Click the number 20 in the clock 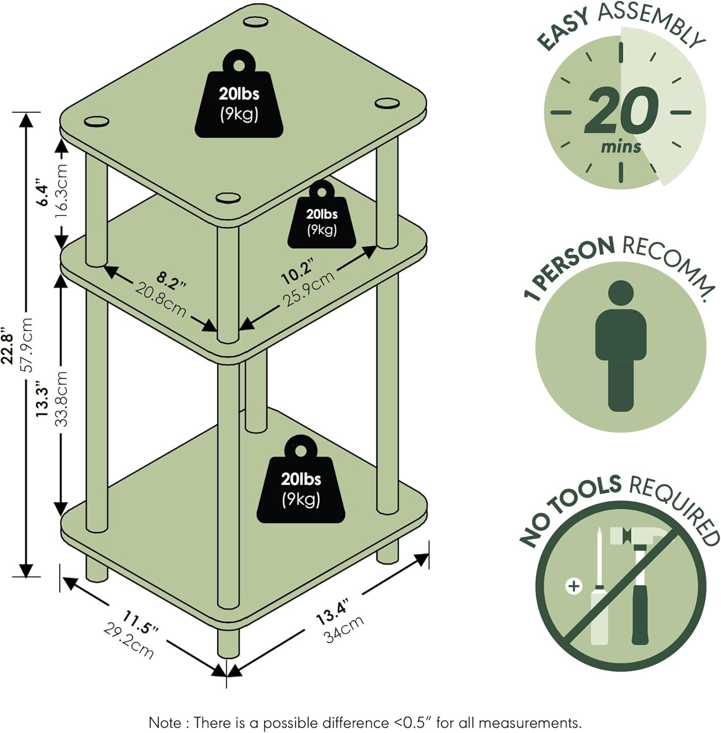point(621,111)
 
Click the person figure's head point(621,294)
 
